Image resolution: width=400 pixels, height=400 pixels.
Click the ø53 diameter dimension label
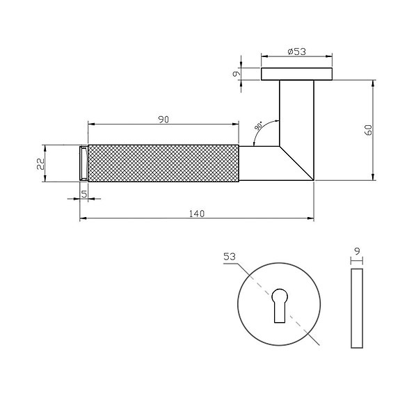pos(296,51)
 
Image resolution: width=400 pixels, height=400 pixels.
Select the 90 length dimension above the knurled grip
pos(163,120)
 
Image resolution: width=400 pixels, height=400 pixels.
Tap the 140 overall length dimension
pos(197,214)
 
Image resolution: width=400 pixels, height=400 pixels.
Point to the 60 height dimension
pos(369,130)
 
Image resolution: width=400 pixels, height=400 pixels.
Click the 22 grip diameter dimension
pos(40,163)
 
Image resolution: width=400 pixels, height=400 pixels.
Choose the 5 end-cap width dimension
pos(84,194)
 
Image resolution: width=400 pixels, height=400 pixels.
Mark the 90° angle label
pos(258,127)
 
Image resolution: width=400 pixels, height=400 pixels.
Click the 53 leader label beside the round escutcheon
pos(230,257)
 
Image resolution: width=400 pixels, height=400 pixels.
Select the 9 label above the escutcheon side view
pos(357,251)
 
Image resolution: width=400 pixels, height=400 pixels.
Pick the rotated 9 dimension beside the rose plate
pos(237,74)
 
